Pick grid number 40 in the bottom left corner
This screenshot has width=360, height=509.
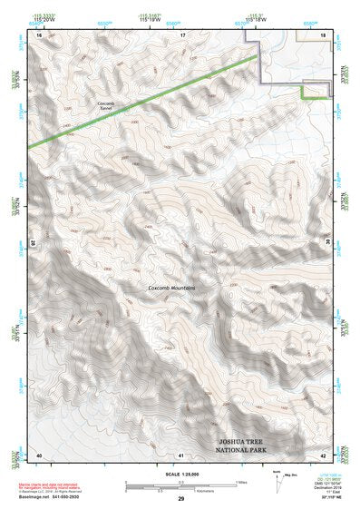point(39,454)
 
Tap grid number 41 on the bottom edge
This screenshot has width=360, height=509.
point(181,454)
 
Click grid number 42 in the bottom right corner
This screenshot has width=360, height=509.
point(324,454)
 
